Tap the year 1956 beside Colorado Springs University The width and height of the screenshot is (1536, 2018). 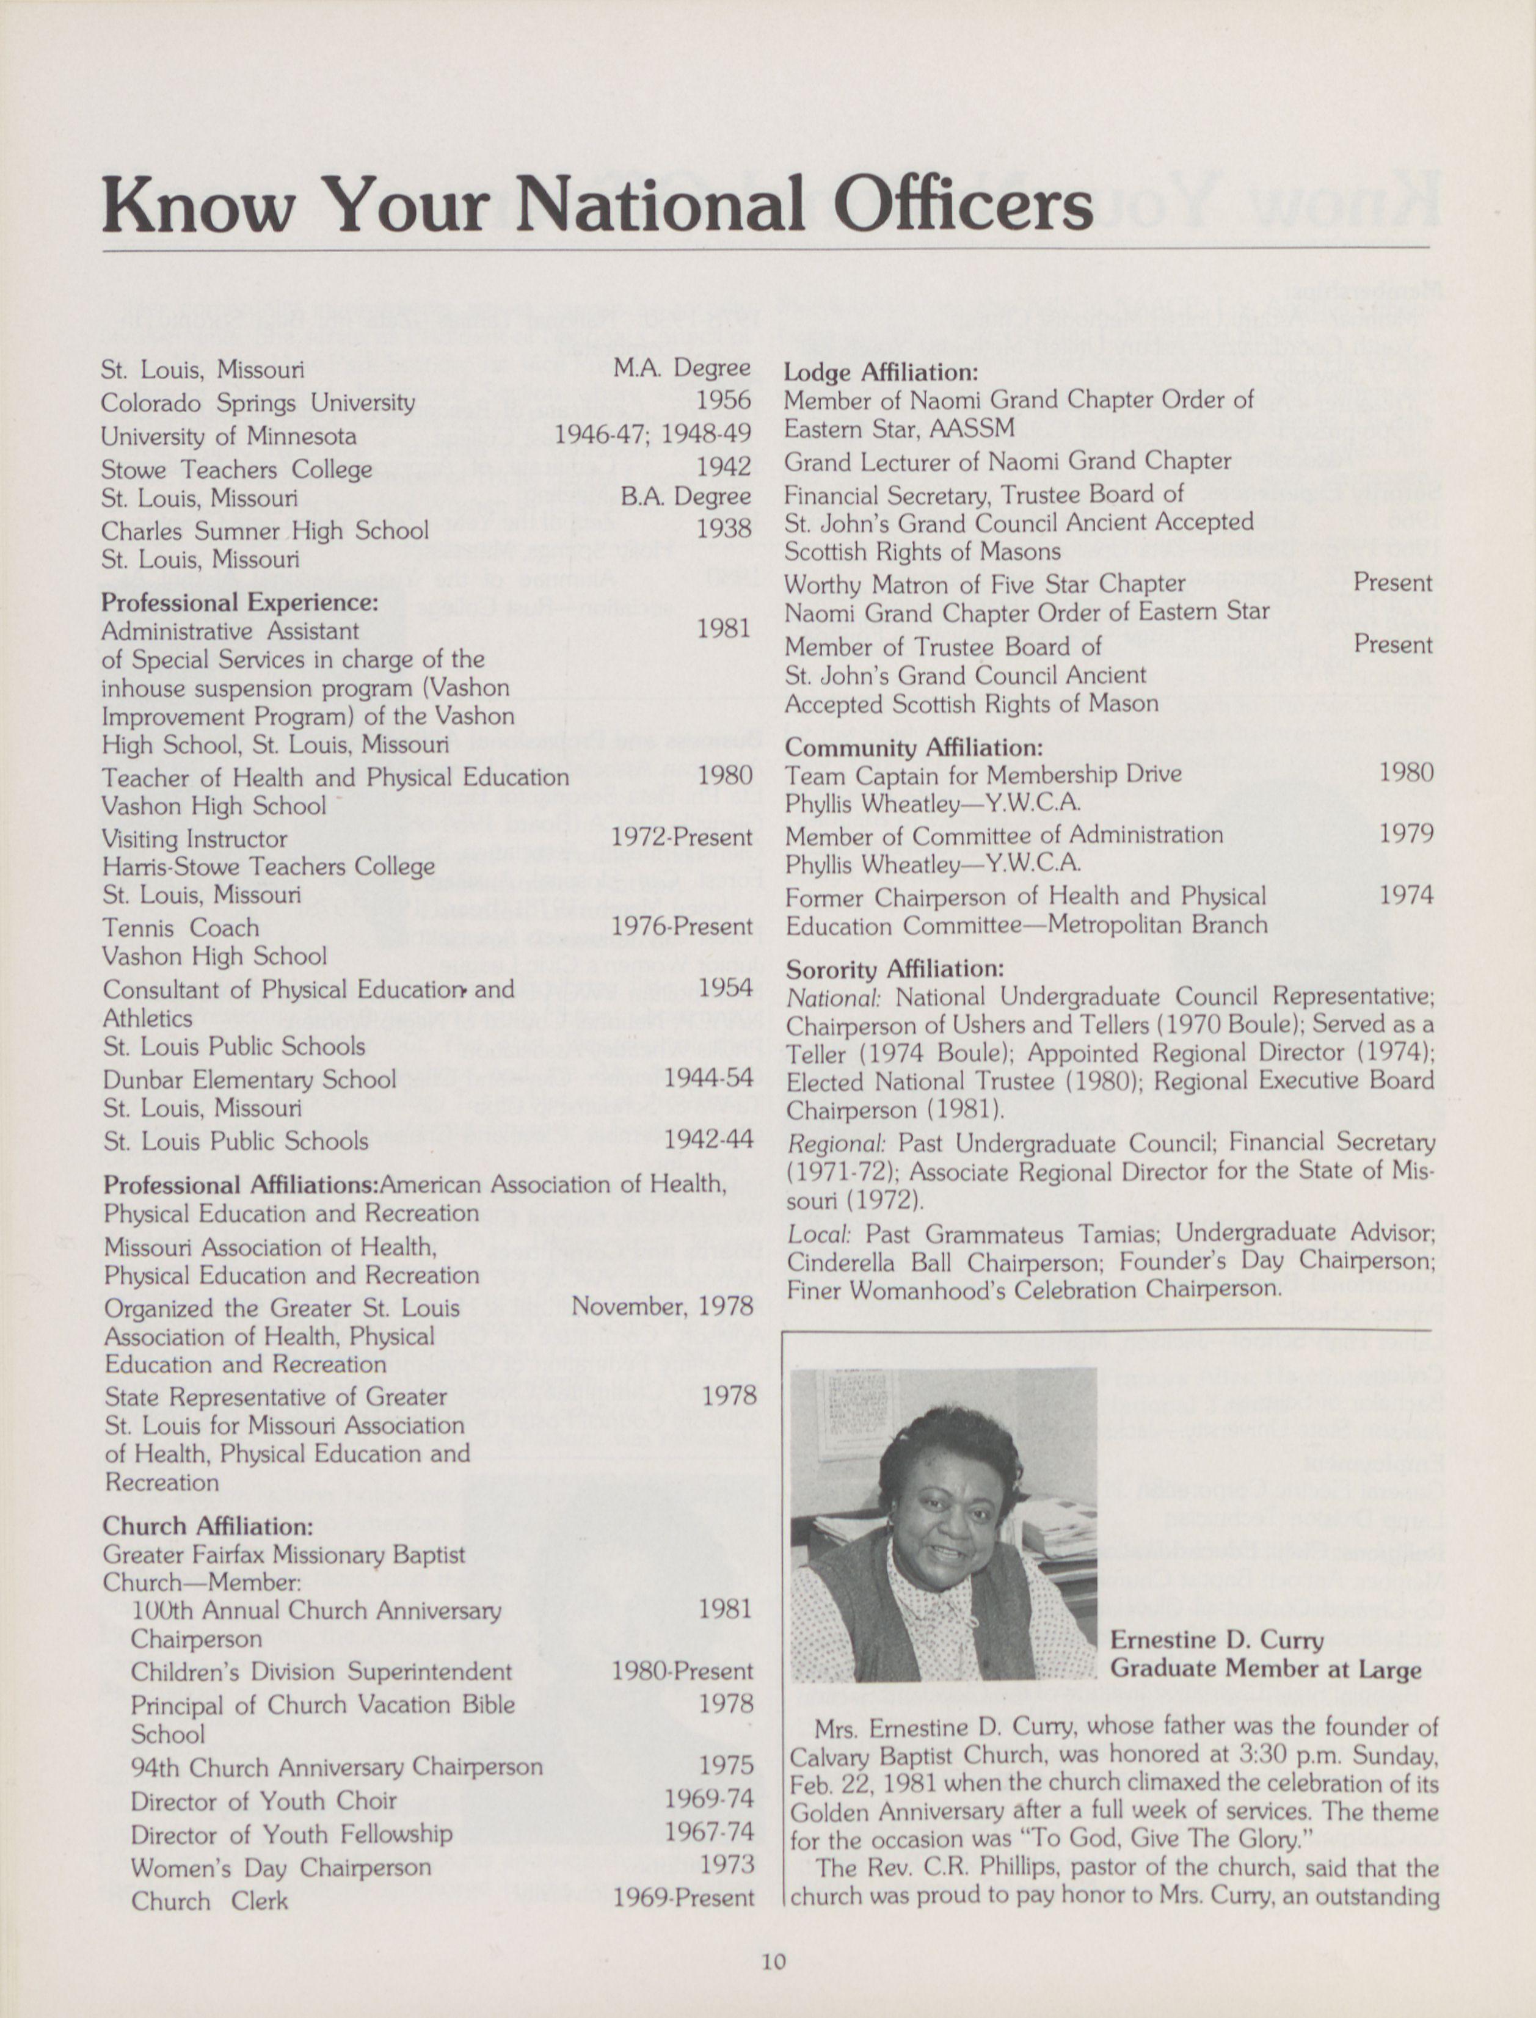pyautogui.click(x=724, y=401)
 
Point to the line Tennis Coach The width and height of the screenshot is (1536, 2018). pyautogui.click(x=181, y=927)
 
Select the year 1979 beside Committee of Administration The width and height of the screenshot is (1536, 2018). pyautogui.click(x=1406, y=833)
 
